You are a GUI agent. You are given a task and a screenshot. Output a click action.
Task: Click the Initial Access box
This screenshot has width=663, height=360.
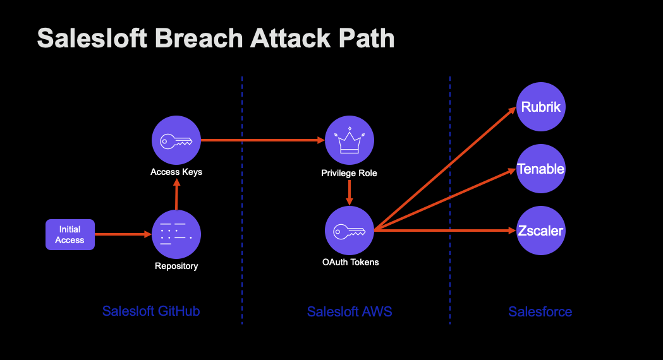point(70,235)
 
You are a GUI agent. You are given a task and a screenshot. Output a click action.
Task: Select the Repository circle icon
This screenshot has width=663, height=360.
point(176,234)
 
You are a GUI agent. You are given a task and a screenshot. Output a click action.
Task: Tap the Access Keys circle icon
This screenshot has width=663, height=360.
point(176,141)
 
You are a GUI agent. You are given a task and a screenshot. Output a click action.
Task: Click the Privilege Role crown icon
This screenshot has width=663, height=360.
point(349,141)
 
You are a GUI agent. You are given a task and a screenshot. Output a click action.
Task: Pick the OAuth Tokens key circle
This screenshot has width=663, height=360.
point(349,231)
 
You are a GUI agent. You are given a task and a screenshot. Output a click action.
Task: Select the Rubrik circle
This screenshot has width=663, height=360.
point(540,107)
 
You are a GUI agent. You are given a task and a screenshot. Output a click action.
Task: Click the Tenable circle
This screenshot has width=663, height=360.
point(540,169)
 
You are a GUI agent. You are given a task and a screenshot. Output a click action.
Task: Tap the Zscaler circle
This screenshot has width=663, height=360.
point(540,231)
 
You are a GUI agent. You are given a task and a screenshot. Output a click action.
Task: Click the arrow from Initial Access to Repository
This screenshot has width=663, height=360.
point(123,235)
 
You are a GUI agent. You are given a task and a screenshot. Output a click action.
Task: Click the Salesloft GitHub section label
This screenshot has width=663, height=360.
point(151,311)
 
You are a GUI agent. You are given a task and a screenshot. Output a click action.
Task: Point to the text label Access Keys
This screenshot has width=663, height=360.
point(176,172)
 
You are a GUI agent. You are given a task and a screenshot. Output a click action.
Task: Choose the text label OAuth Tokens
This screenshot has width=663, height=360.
point(350,261)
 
